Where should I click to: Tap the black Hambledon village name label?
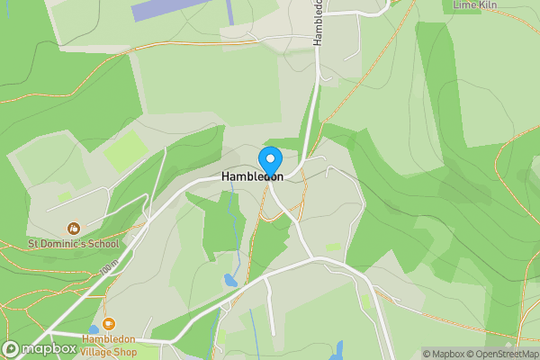coord(252,177)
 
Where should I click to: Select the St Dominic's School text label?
coord(73,243)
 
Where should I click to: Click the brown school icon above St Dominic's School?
coord(73,229)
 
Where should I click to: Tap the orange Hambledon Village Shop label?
coord(109,345)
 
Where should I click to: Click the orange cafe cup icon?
coord(109,324)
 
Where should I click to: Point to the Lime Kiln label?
coord(477,5)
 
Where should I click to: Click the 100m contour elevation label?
coord(110,267)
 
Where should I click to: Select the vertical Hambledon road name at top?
coord(318,20)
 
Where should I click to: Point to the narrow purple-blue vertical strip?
coord(230,12)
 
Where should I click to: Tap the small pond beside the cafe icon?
coord(94,330)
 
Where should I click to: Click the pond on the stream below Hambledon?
coord(231,281)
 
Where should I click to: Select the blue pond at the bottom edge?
coord(340,349)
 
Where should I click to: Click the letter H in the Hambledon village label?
coord(226,177)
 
